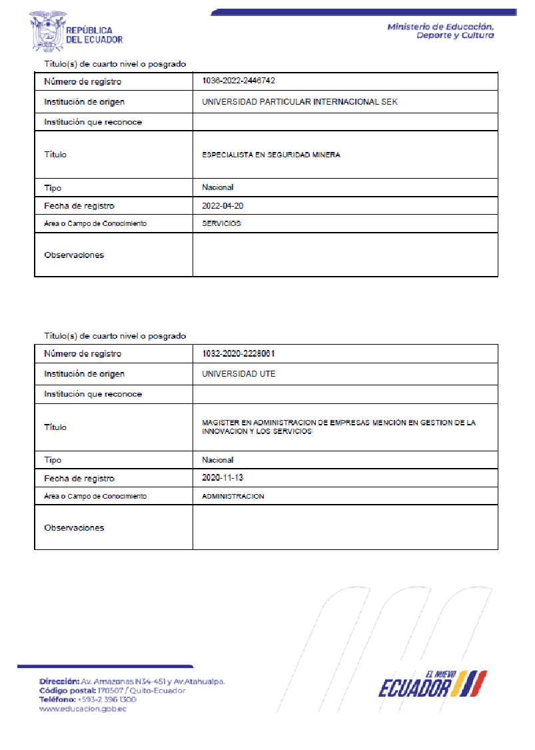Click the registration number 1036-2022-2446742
point(239,81)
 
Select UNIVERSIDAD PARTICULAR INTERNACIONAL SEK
point(299,102)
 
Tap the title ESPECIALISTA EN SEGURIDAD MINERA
point(270,155)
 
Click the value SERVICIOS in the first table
point(221,224)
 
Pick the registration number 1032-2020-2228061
point(239,353)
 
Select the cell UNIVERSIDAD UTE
point(239,374)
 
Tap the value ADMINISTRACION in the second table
point(233,497)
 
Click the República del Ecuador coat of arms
point(46,30)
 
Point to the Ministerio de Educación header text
point(440,31)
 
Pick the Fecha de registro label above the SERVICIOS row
point(79,206)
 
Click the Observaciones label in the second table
point(73,527)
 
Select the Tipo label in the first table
point(53,188)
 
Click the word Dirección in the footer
point(59,682)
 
